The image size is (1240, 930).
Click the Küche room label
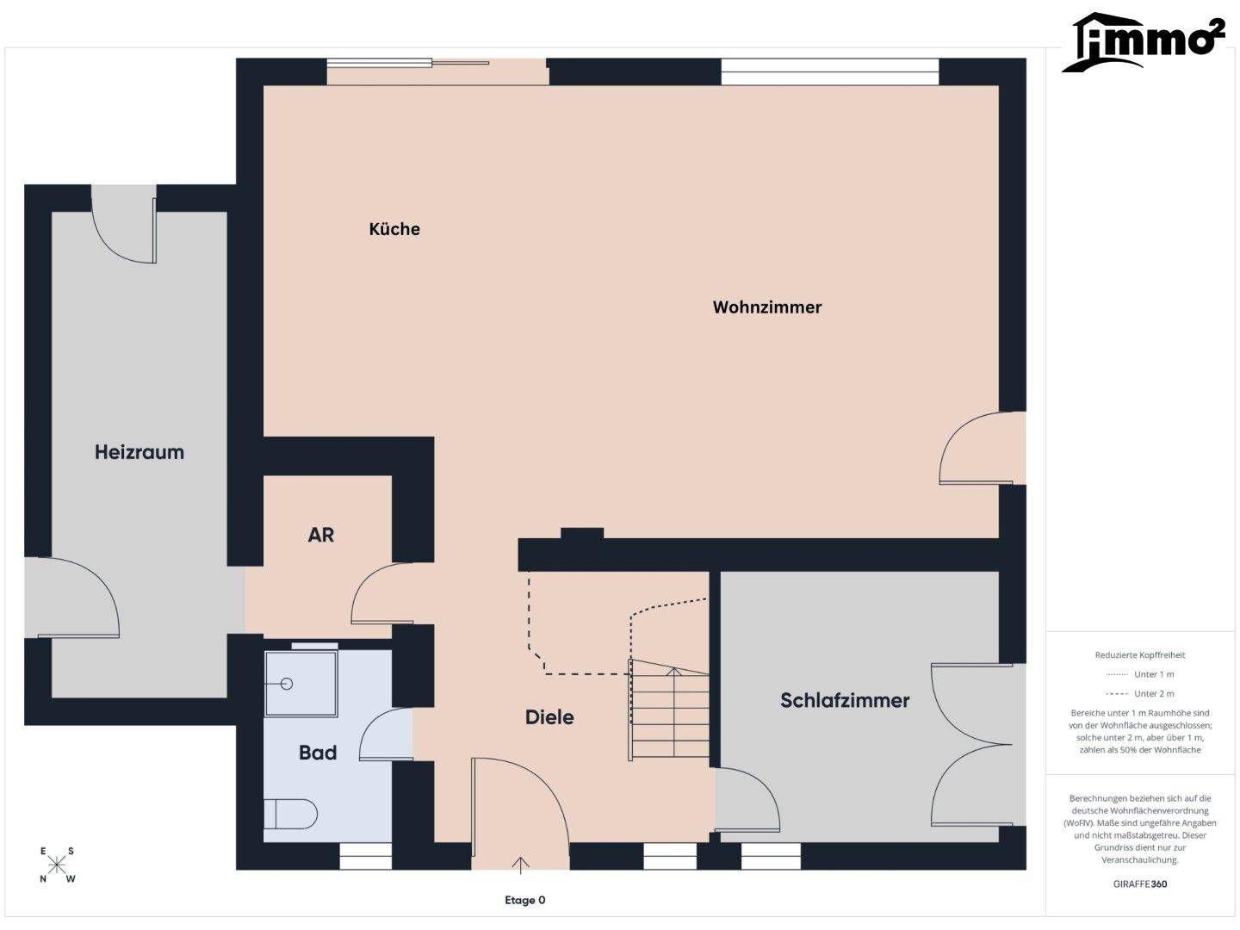pyautogui.click(x=394, y=229)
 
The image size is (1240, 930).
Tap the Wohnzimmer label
pyautogui.click(x=766, y=307)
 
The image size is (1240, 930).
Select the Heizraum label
pyautogui.click(x=139, y=452)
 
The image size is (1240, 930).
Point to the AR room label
pyautogui.click(x=320, y=535)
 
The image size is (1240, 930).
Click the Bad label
pyautogui.click(x=318, y=753)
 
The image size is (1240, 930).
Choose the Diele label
pyautogui.click(x=549, y=717)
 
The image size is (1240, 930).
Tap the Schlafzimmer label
pyautogui.click(x=845, y=700)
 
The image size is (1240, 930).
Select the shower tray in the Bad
pyautogui.click(x=301, y=684)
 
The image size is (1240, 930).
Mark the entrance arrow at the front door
pyautogui.click(x=520, y=865)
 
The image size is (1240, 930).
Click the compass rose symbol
pyautogui.click(x=57, y=865)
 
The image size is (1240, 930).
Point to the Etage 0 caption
pyautogui.click(x=525, y=901)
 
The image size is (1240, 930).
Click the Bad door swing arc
pyautogui.click(x=382, y=734)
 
